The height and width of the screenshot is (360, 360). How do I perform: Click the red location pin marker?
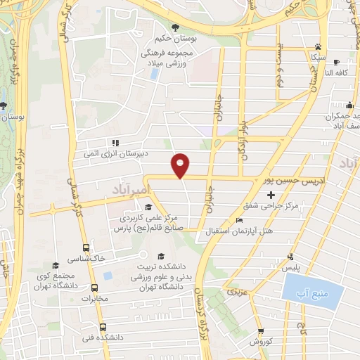tap(181, 165)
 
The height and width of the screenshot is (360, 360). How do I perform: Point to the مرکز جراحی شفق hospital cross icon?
tap(271, 194)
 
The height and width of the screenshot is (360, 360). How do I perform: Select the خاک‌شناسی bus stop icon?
tap(86, 248)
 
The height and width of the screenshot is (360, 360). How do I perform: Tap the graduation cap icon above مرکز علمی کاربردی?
tap(148, 207)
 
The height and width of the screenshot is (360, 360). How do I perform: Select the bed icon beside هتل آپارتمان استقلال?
tap(240, 220)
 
